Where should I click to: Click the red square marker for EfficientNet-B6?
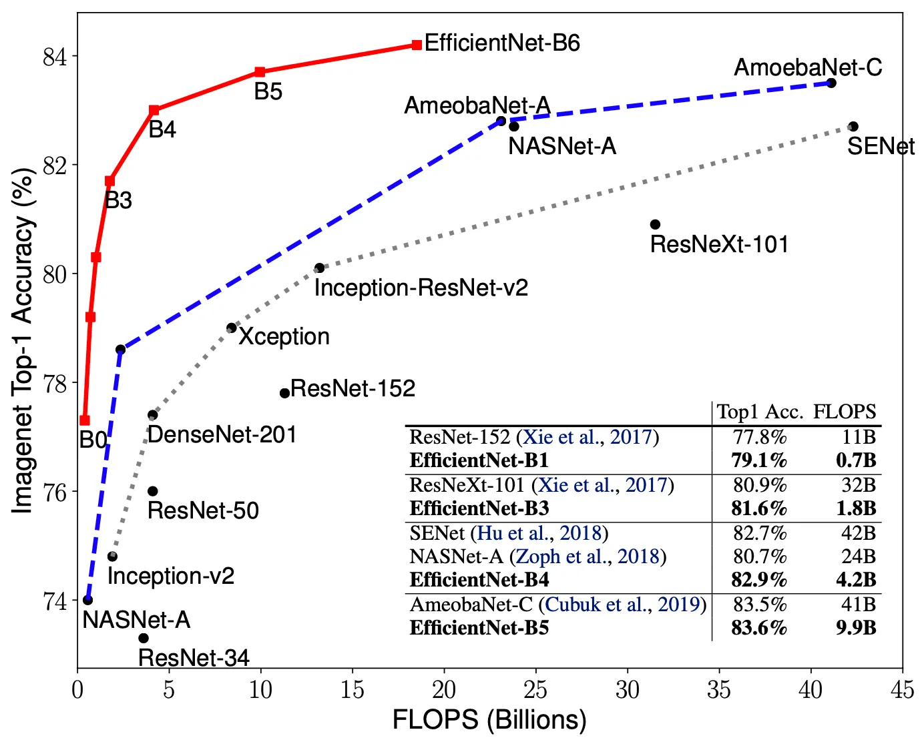[x=417, y=45]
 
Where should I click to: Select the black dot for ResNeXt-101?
[x=655, y=224]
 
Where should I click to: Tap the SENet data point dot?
[x=853, y=126]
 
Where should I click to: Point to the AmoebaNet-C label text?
[x=808, y=67]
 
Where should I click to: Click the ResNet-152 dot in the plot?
[x=284, y=393]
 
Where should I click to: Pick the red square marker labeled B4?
[x=154, y=110]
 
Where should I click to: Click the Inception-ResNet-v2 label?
[x=421, y=288]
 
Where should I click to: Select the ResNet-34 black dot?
[x=143, y=638]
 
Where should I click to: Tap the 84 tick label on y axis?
[x=55, y=57]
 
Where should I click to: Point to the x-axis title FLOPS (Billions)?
[x=489, y=720]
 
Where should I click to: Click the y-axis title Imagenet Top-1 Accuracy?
[x=23, y=340]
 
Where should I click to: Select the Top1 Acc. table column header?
[x=759, y=412]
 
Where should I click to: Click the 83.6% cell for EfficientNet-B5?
[x=759, y=628]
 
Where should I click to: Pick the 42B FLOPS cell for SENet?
[x=858, y=533]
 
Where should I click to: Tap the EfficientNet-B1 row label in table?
[x=479, y=460]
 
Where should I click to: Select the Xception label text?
[x=284, y=336]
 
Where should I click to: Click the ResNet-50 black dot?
[x=152, y=491]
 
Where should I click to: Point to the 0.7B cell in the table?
[x=856, y=460]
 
